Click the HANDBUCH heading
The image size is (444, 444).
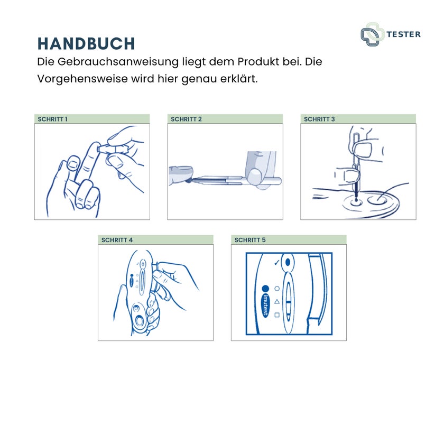point(86,43)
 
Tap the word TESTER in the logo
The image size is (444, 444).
point(403,34)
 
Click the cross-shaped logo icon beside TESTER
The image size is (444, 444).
point(372,34)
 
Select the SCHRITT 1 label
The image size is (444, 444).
point(52,119)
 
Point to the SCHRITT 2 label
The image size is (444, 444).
point(186,119)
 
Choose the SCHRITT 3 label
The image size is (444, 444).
point(319,119)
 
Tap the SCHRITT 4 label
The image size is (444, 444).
point(117,240)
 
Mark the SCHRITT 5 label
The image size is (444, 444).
point(250,240)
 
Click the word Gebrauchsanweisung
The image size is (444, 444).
point(118,62)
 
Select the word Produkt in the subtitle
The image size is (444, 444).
point(258,62)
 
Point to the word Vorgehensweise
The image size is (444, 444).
point(82,79)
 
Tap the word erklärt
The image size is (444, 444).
point(239,78)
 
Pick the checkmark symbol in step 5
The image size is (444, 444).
point(276,263)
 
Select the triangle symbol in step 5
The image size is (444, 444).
point(277,302)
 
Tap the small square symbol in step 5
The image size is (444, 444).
point(277,315)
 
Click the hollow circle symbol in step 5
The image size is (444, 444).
point(277,289)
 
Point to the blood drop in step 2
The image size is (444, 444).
point(189,180)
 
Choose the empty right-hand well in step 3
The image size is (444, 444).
point(377,200)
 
